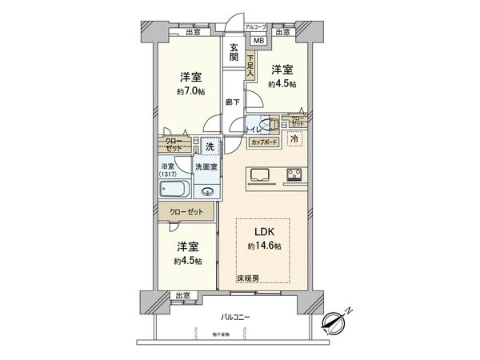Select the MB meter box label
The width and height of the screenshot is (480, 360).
pos(258,40)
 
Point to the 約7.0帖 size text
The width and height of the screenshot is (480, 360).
pos(190,90)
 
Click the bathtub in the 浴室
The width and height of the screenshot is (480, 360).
pos(174,190)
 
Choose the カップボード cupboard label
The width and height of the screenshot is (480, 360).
pos(264,142)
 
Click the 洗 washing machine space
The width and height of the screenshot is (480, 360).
pos(209,147)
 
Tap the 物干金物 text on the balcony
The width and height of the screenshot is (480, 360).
pos(223,334)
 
